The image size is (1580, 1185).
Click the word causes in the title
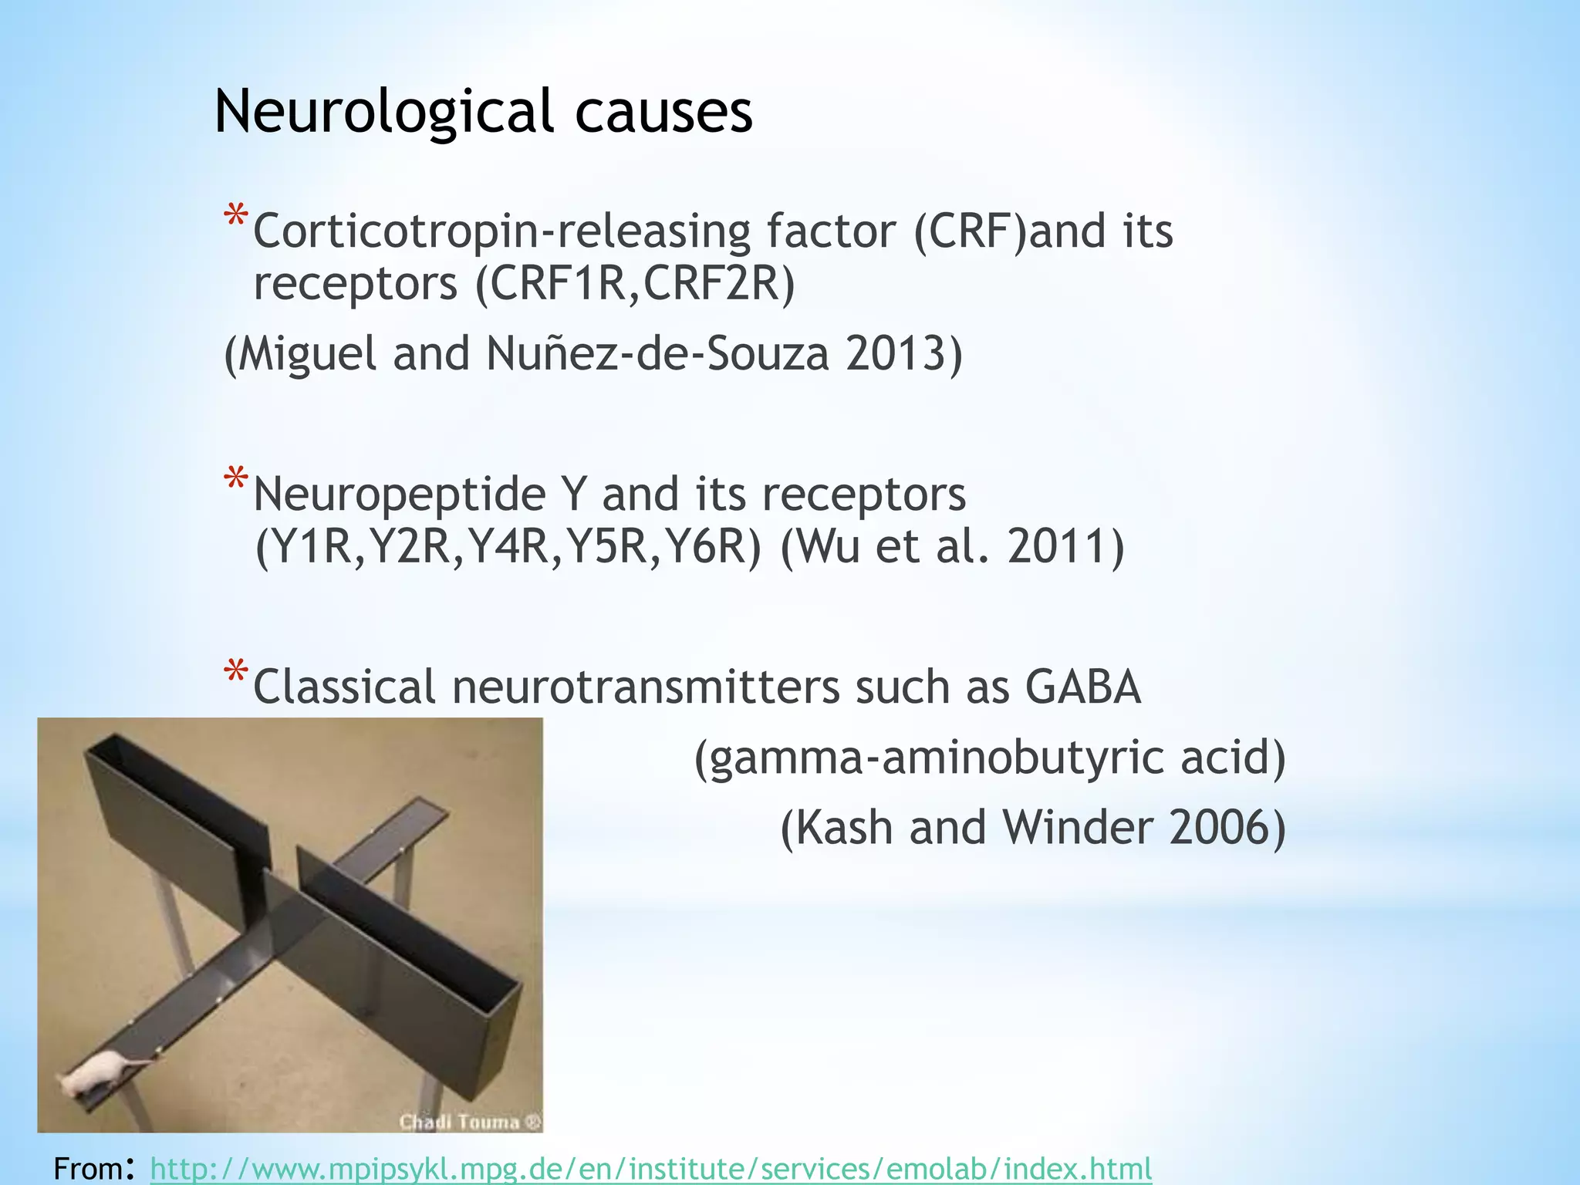663,113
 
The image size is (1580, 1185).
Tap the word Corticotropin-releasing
501,231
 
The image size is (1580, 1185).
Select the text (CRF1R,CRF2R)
635,283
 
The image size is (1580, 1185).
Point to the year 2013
903,353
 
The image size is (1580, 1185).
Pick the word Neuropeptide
400,495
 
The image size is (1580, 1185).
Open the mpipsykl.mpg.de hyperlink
650,1169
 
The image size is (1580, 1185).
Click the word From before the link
88,1169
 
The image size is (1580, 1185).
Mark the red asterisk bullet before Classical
235,673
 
